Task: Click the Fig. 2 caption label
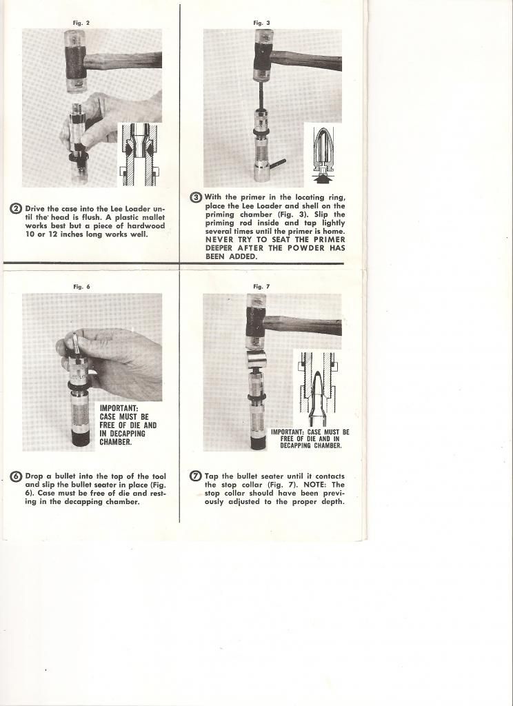(81, 23)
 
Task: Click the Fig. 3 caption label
(262, 23)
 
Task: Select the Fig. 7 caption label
(261, 286)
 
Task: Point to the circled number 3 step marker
(197, 198)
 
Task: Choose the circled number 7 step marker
(196, 476)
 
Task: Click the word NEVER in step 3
(220, 239)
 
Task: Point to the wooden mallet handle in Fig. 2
(131, 60)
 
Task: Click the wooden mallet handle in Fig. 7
(303, 325)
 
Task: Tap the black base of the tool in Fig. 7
(258, 442)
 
